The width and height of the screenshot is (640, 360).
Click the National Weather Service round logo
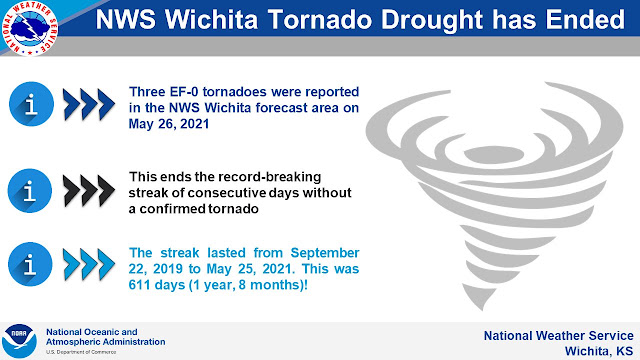(x=29, y=28)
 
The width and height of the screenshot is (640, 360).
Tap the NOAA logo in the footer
(x=19, y=341)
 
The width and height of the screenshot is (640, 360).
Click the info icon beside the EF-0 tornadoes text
(x=31, y=104)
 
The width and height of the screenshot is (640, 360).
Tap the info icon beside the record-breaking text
(x=30, y=190)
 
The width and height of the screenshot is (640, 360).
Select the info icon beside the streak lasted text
(x=30, y=264)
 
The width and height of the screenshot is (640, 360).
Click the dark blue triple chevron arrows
(x=89, y=104)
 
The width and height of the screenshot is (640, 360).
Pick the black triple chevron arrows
(x=89, y=191)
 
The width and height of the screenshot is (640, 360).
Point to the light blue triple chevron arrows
(x=89, y=264)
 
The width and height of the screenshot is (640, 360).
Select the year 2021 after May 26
(x=194, y=124)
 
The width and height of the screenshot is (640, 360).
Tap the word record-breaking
(x=270, y=177)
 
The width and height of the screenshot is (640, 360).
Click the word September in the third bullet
(x=325, y=253)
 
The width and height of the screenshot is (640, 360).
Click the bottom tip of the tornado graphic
(x=482, y=310)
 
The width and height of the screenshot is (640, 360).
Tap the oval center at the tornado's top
(x=494, y=155)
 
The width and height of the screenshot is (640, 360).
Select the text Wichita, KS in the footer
(x=599, y=351)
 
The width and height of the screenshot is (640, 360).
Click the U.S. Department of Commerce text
(x=81, y=352)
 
